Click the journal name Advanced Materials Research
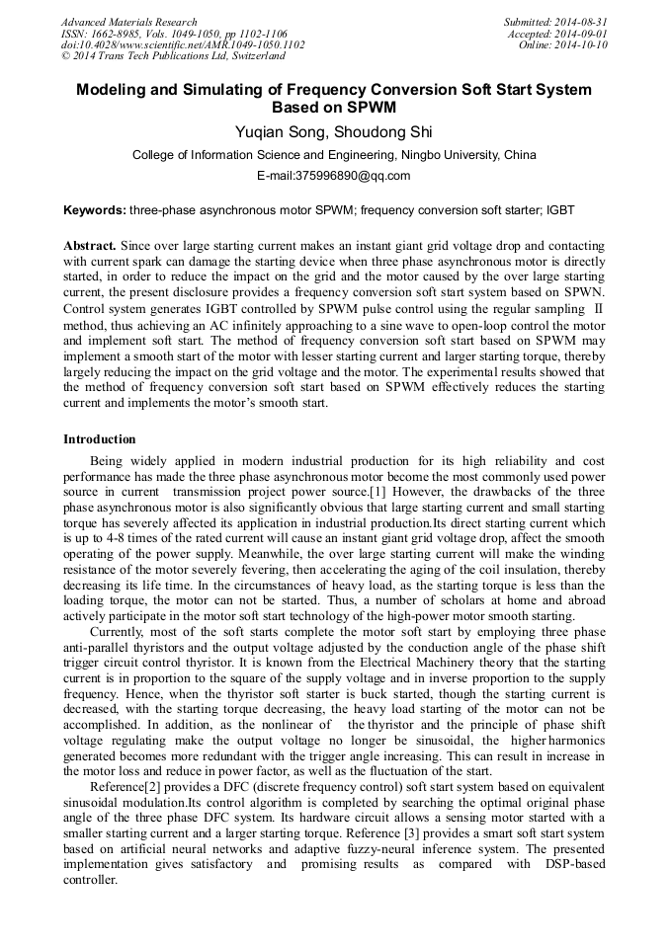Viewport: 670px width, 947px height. [128, 22]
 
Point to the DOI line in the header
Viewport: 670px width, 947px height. [182, 45]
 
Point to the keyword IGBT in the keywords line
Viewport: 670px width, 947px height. [558, 210]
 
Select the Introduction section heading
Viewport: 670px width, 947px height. [100, 439]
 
